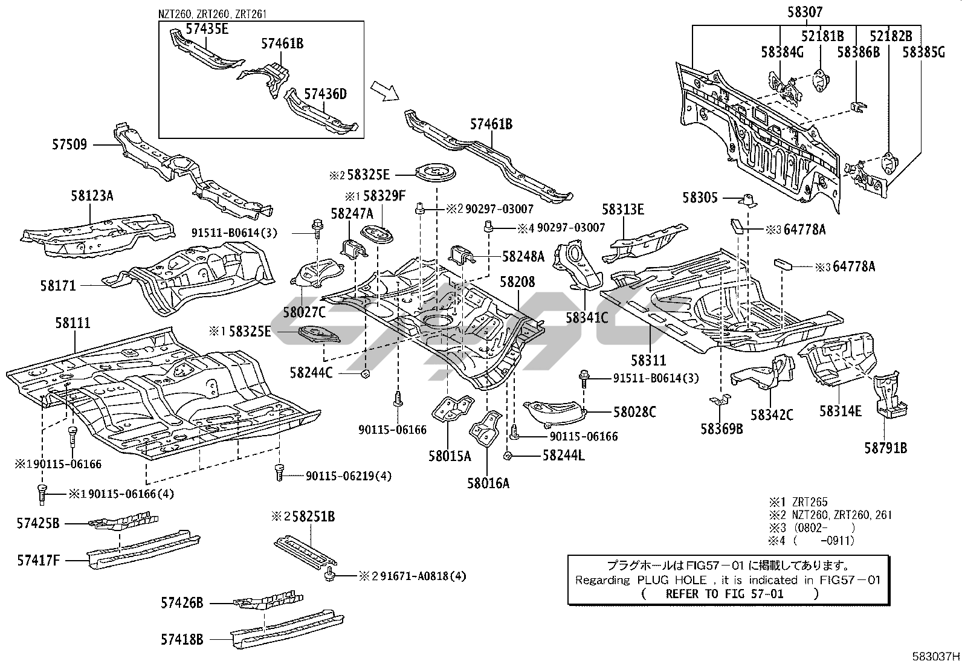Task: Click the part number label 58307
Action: pos(805,12)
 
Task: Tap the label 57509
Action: pos(69,144)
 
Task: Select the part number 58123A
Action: pos(92,196)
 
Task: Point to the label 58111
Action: pos(73,323)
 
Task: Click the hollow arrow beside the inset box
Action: pos(385,91)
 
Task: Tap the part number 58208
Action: pos(517,282)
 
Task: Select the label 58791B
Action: pos(886,448)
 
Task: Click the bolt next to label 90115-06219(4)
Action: pos(280,472)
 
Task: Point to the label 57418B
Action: pos(182,639)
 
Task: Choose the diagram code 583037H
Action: pos(936,657)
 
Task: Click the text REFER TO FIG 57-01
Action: pos(725,594)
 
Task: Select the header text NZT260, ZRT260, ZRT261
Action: pos(213,14)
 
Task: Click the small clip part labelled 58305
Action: pos(747,200)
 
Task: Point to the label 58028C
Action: pos(634,412)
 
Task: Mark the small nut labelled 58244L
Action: pos(507,456)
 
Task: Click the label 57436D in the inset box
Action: pos(326,94)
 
